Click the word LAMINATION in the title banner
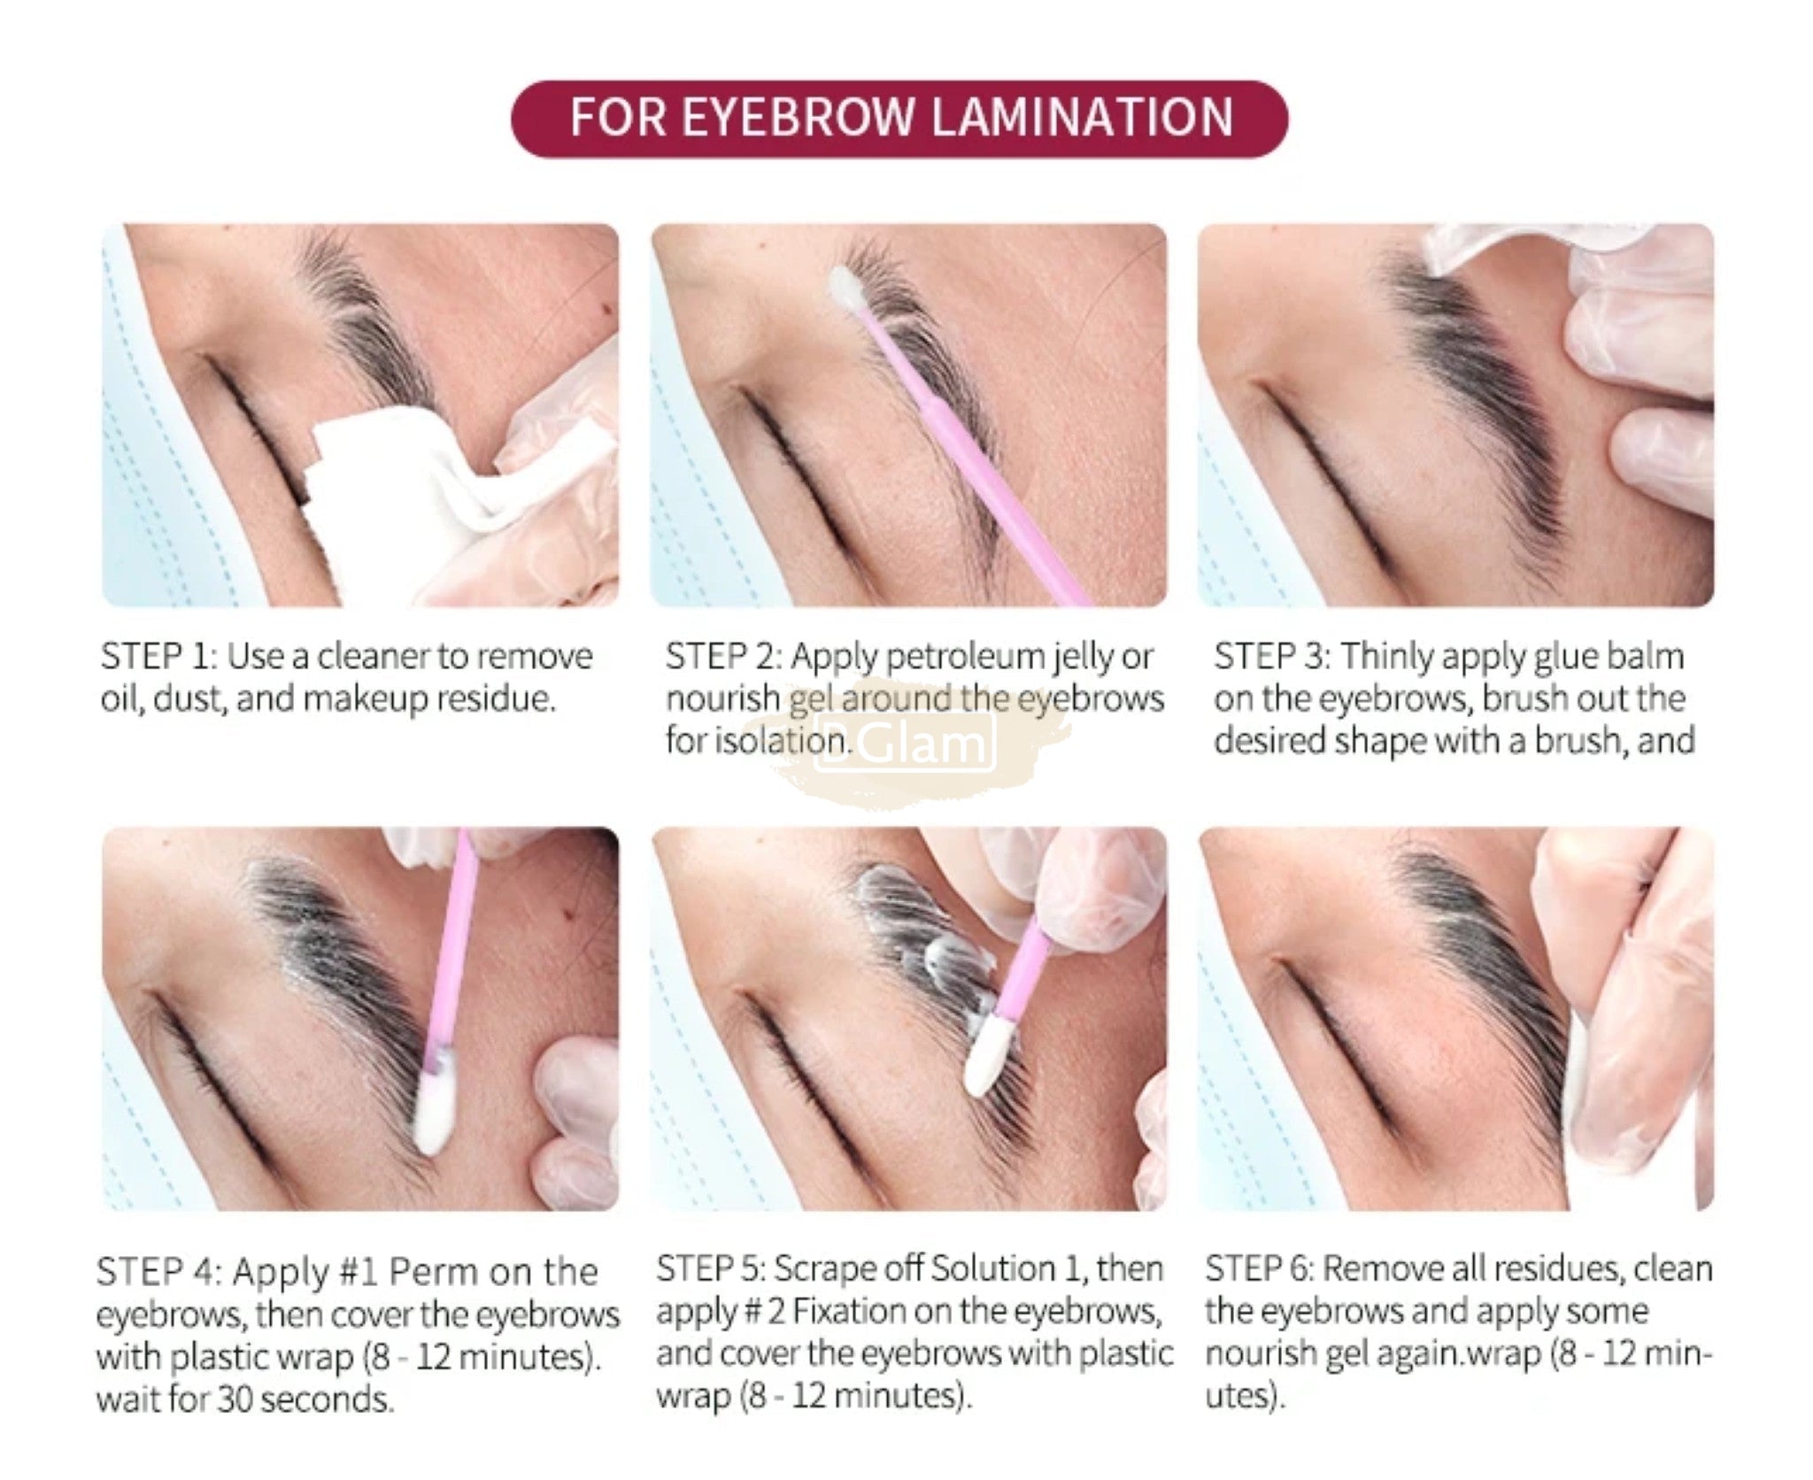coord(1082,118)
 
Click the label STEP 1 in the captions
coord(158,657)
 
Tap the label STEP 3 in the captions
coord(1271,657)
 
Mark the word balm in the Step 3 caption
coord(1644,657)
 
